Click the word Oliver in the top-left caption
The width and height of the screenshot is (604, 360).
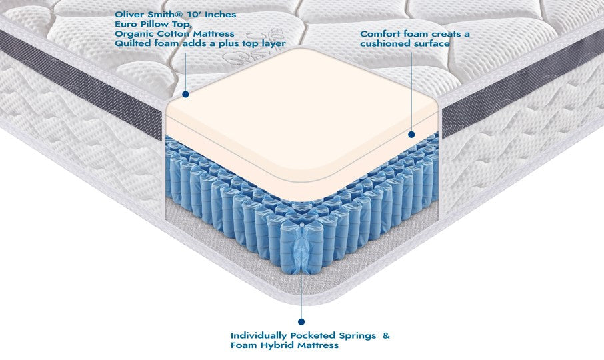129,14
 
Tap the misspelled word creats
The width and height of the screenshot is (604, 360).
438,33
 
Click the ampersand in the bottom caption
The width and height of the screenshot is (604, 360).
386,335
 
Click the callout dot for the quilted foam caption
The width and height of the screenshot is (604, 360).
186,95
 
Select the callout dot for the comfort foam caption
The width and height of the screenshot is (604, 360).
411,134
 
